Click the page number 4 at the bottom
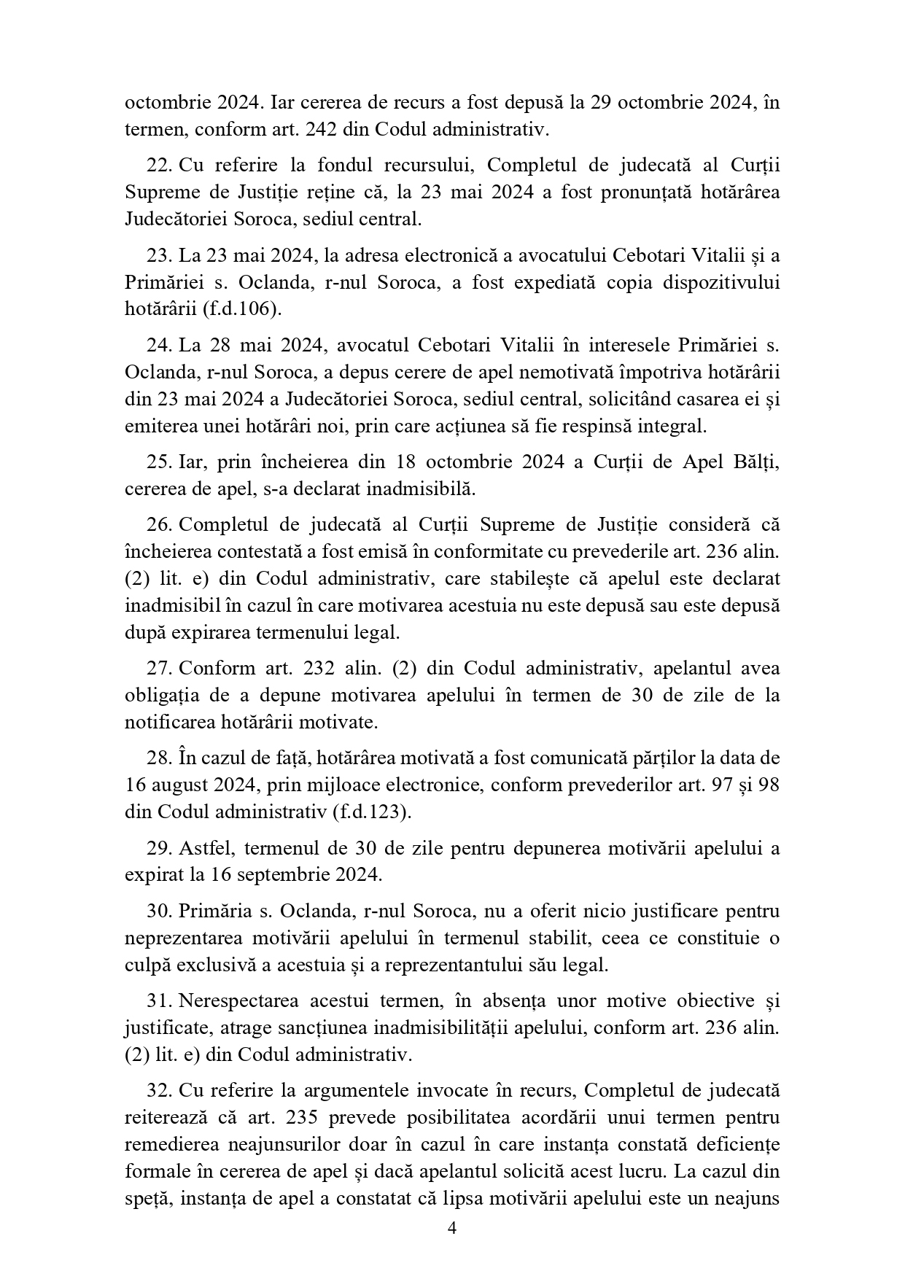pyautogui.click(x=451, y=1228)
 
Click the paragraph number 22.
pyautogui.click(x=158, y=165)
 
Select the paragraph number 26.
pyautogui.click(x=158, y=524)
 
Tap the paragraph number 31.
pyautogui.click(x=158, y=1000)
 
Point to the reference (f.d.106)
pyautogui.click(x=241, y=309)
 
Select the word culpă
pyautogui.click(x=144, y=965)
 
